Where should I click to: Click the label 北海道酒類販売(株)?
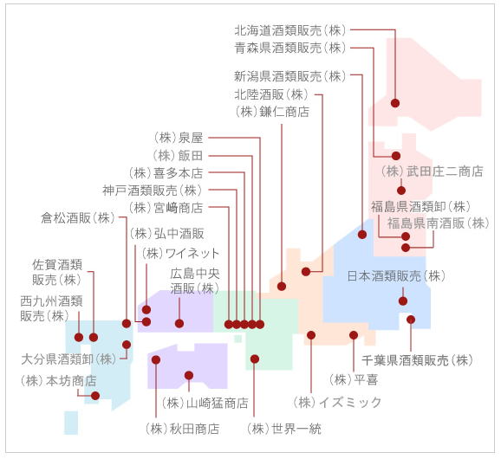290,30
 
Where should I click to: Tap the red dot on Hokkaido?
395,103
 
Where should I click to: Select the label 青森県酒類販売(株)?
290,48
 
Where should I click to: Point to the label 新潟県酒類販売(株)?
290,76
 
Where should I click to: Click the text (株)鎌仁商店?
272,112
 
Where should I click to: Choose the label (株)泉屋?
178,138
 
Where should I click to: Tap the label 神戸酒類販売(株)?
153,191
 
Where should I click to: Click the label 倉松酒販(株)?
78,218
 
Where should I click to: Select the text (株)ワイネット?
180,253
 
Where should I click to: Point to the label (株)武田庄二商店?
433,171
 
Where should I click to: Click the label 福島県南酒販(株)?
439,223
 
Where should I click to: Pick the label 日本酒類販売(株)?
396,275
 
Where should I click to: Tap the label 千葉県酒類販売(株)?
417,360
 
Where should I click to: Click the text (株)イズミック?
337,402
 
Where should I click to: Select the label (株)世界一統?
284,429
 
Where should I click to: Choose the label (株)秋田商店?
182,429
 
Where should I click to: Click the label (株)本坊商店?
58,381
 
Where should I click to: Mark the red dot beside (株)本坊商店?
95,396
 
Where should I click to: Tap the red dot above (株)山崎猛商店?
189,375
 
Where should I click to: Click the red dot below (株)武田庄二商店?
401,191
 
